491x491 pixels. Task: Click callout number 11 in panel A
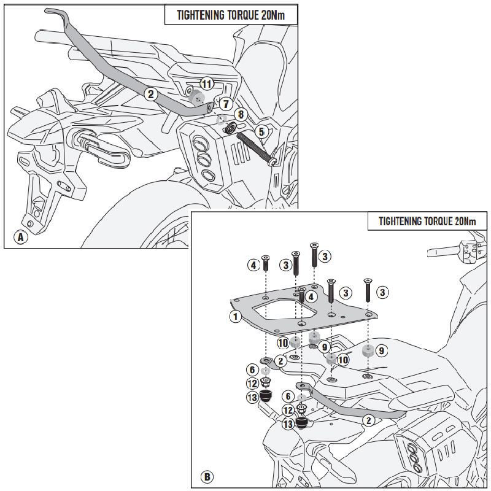(x=207, y=83)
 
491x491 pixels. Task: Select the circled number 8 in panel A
(x=241, y=114)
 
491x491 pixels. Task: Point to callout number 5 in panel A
(x=261, y=131)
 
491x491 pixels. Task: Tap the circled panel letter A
(x=20, y=236)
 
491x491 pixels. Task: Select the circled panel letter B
(x=207, y=476)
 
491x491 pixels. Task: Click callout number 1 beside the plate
(x=234, y=317)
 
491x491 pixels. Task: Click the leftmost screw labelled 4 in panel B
(x=266, y=265)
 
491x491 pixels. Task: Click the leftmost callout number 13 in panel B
(x=252, y=398)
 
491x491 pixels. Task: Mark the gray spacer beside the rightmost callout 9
(x=367, y=352)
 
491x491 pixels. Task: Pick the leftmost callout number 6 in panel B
(x=252, y=369)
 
